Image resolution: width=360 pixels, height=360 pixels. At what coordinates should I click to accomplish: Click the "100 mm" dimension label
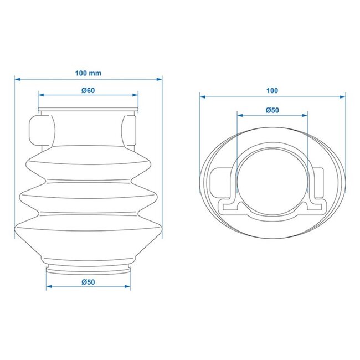(88, 73)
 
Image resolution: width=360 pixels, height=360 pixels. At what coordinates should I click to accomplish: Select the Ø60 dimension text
(88, 90)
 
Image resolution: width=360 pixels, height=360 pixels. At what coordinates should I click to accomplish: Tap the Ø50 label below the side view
(88, 282)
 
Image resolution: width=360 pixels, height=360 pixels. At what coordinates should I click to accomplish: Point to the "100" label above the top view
(272, 90)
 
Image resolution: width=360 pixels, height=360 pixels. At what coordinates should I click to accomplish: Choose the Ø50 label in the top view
(272, 110)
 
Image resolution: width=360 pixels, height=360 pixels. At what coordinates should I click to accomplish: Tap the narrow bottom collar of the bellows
(88, 269)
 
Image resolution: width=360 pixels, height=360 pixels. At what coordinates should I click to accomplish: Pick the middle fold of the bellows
(88, 197)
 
